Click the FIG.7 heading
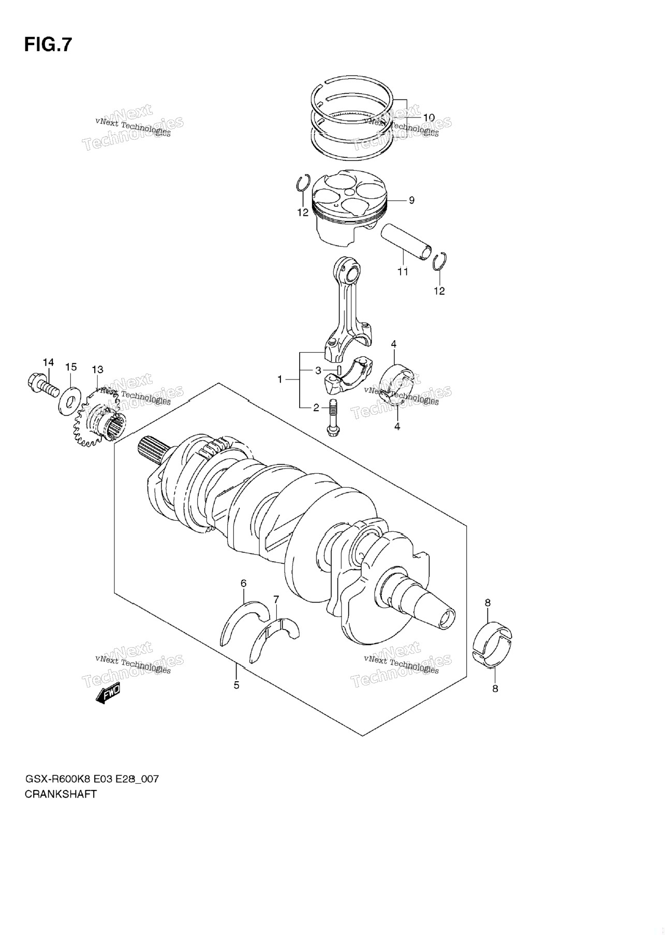click(x=48, y=45)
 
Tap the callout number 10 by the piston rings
click(x=428, y=118)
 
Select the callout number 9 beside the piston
click(x=411, y=200)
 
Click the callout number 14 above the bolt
click(x=48, y=362)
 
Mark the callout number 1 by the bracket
click(x=280, y=379)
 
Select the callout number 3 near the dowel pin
click(x=319, y=370)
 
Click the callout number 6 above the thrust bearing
click(x=243, y=583)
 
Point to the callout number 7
click(x=276, y=599)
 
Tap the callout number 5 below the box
click(x=237, y=685)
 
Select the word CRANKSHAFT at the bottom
click(x=61, y=794)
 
